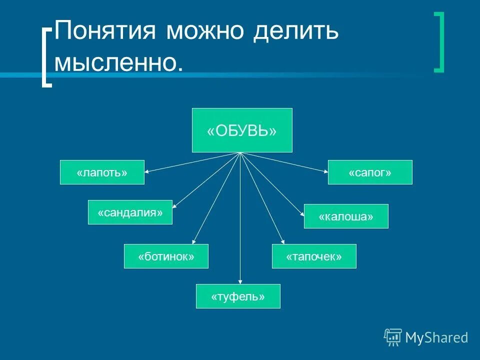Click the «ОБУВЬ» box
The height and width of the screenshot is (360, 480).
point(242,130)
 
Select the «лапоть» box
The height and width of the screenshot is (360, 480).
point(102,172)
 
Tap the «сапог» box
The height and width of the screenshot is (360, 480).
point(370,172)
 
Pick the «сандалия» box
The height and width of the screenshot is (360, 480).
point(130,212)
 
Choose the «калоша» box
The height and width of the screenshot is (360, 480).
point(346,216)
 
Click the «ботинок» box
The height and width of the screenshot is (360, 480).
point(166,256)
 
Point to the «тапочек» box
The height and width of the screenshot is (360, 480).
point(314,256)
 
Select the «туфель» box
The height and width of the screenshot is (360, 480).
point(238,296)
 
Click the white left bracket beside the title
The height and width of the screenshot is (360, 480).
point(46,57)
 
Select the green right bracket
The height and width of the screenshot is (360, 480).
point(438,42)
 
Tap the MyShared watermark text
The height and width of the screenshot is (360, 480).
point(436,337)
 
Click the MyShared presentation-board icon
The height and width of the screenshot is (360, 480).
point(393,337)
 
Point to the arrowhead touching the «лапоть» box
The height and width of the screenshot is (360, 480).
point(147,171)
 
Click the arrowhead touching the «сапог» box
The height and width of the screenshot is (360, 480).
point(325,171)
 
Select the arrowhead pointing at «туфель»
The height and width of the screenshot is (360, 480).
point(240,281)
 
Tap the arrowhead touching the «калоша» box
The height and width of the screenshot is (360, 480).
point(302,214)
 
